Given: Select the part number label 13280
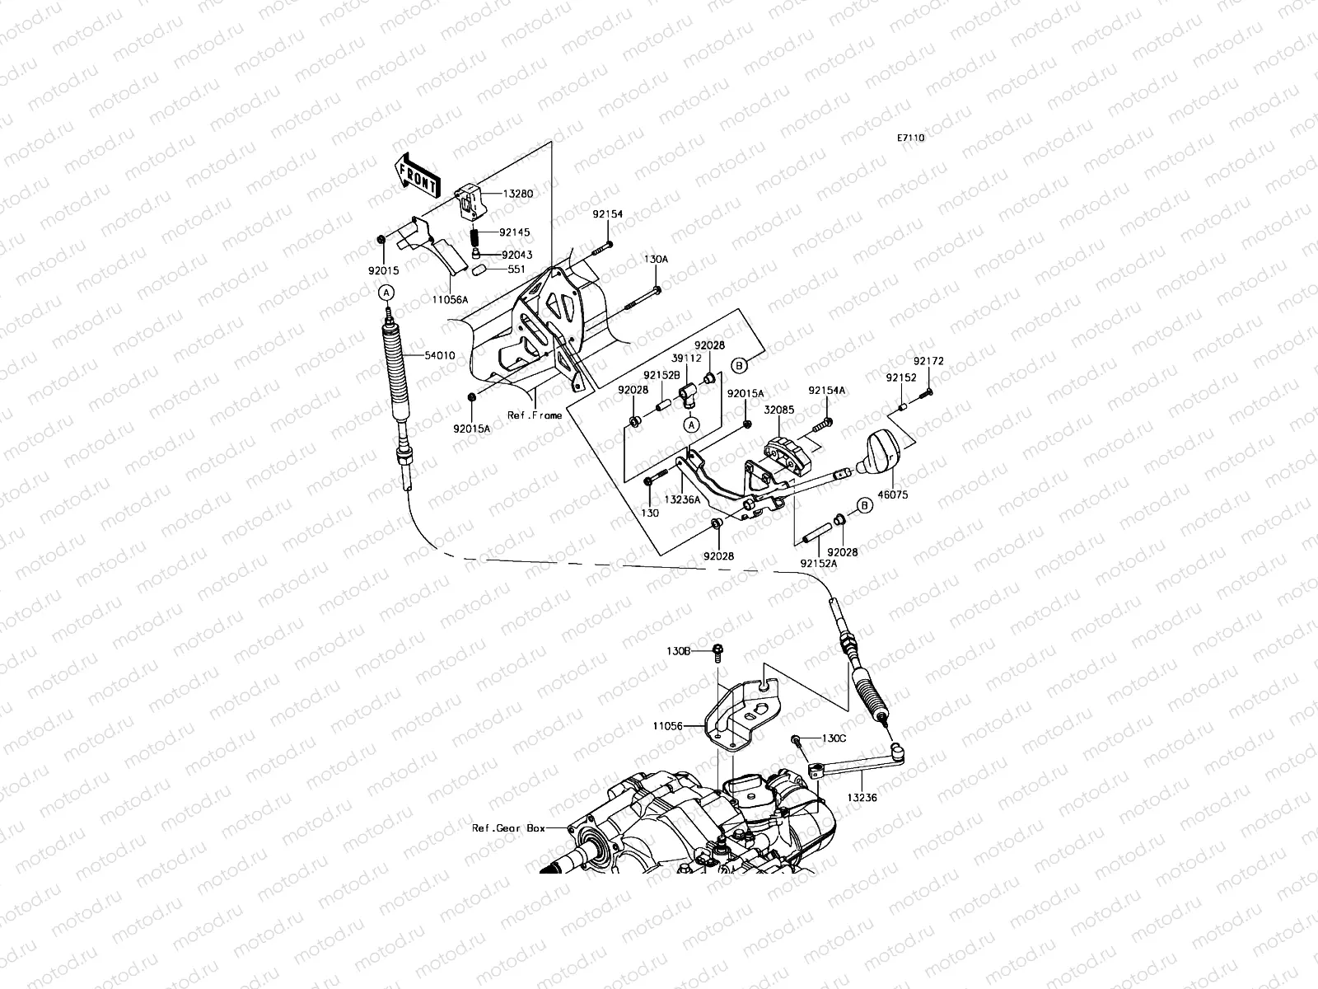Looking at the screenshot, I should [519, 195].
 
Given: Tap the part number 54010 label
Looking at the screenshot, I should [439, 355].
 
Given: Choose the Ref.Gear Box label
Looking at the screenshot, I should [508, 827].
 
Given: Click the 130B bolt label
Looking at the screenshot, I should [679, 650].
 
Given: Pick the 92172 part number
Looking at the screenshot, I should [928, 361].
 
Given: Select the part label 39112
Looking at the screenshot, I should [685, 359].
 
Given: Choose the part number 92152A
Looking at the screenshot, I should [818, 564].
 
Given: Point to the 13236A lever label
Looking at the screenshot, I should [682, 499].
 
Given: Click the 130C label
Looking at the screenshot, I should [834, 738].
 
